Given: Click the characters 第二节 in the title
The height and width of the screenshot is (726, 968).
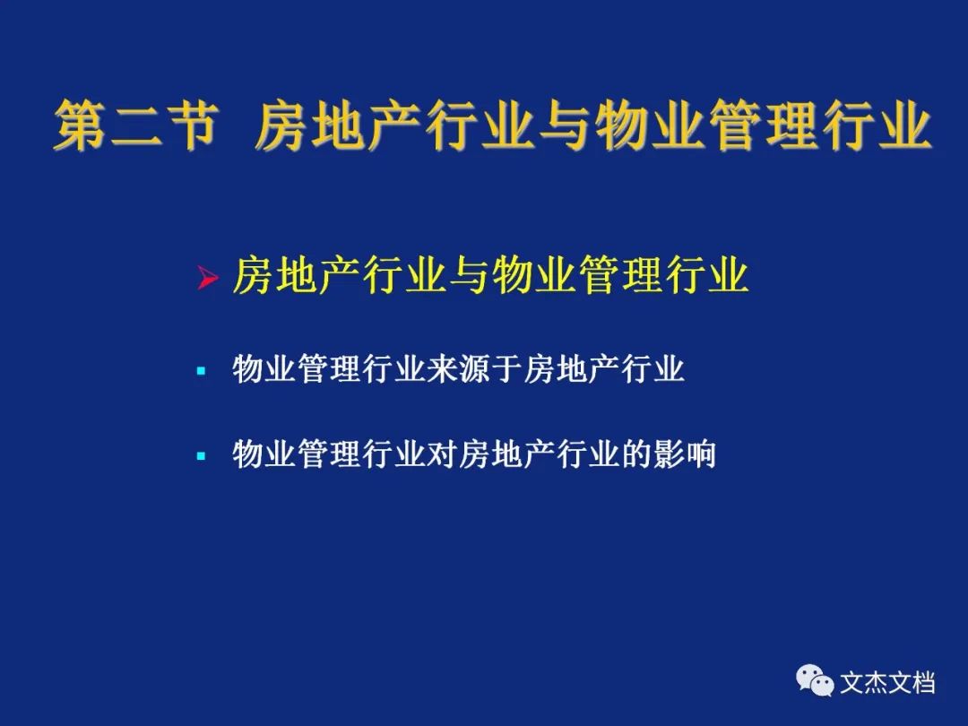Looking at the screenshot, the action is coord(136,125).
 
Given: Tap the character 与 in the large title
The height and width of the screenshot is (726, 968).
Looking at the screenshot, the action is coord(564,125).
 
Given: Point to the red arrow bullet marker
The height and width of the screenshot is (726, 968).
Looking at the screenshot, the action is coord(207,277).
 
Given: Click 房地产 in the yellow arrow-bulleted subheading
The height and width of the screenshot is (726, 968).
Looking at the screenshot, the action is coord(297,275).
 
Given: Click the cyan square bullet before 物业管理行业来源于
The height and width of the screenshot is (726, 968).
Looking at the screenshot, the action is coord(201,371).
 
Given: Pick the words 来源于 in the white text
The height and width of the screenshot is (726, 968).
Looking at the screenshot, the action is coord(475,369).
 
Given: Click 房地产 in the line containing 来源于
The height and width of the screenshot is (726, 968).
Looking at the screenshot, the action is coord(572,369).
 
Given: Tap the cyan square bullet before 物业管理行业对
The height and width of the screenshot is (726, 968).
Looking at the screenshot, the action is coord(201,456).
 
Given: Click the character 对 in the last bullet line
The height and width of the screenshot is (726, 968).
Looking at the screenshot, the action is coord(444,454).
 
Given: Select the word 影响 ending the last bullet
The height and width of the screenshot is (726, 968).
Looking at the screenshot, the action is coord(684,454).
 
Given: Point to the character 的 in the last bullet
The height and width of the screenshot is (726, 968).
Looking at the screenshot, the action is coord(635,454).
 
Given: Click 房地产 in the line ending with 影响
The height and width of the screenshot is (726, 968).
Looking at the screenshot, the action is coord(507,454).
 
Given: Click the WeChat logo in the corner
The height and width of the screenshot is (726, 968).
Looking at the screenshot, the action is coord(815,680).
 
